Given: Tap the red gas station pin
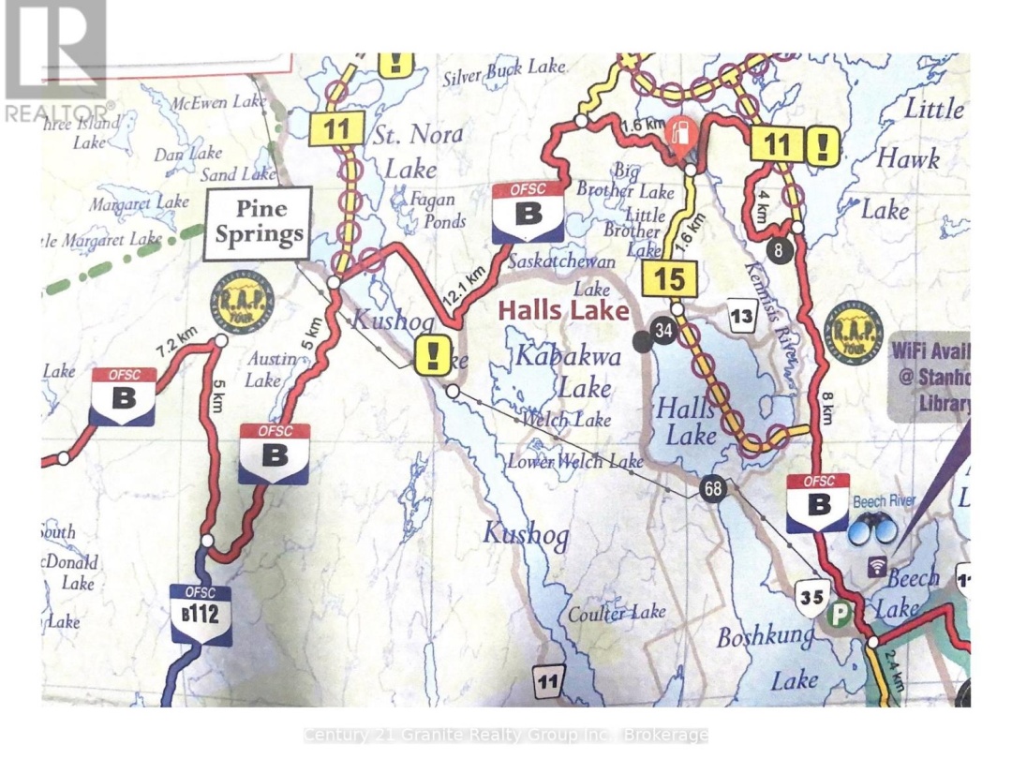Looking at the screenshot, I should pyautogui.click(x=682, y=136).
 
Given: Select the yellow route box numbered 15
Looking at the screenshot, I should pyautogui.click(x=669, y=278).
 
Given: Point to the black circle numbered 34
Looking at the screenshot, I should pyautogui.click(x=664, y=332).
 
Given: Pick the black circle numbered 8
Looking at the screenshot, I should pyautogui.click(x=780, y=250).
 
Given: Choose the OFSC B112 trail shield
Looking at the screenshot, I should pyautogui.click(x=200, y=614).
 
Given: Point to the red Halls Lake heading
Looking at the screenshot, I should pyautogui.click(x=562, y=310).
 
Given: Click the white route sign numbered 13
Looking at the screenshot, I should pyautogui.click(x=741, y=317).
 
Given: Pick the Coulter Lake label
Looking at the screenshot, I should pyautogui.click(x=616, y=613).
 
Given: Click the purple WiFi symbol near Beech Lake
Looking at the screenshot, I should pyautogui.click(x=877, y=566).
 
